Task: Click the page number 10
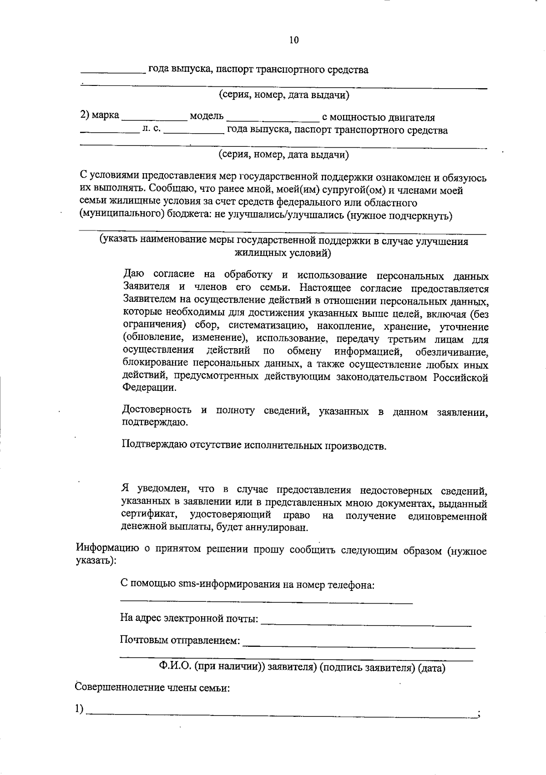pos(294,40)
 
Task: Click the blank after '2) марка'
pos(155,119)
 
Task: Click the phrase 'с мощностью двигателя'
pos(378,118)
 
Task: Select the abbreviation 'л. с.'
pos(151,130)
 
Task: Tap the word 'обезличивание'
pos(452,352)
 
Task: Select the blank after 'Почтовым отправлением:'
pos(359,646)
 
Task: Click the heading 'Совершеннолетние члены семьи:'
pos(152,688)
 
